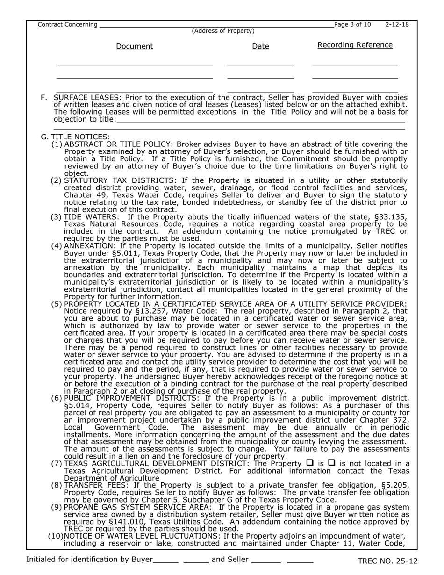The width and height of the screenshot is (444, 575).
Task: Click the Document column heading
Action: click(134, 46)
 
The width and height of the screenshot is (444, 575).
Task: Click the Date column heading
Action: click(260, 46)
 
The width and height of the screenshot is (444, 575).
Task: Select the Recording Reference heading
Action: click(355, 45)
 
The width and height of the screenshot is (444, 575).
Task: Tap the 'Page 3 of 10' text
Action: click(352, 24)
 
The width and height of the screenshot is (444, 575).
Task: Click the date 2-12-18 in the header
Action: click(397, 24)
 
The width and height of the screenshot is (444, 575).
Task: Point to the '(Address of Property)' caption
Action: click(223, 31)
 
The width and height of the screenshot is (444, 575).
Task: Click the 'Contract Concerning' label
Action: click(67, 24)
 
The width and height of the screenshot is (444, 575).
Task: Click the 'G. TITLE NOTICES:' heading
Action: click(76, 137)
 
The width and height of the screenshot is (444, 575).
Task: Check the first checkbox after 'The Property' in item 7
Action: click(309, 463)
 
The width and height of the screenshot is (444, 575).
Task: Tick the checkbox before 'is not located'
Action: click(332, 463)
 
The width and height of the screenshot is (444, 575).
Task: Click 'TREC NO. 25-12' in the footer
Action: click(387, 561)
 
